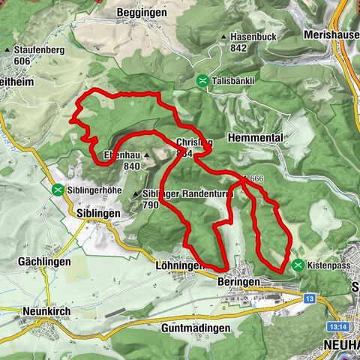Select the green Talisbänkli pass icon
[x=202, y=79]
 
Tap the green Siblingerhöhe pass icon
[x=57, y=190]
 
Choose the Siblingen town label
[x=98, y=213]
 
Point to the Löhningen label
[x=177, y=265]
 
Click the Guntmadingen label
[x=193, y=328]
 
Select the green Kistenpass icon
[x=298, y=265]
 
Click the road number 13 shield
[x=309, y=298]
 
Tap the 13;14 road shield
[x=337, y=327]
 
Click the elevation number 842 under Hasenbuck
[x=239, y=47]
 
